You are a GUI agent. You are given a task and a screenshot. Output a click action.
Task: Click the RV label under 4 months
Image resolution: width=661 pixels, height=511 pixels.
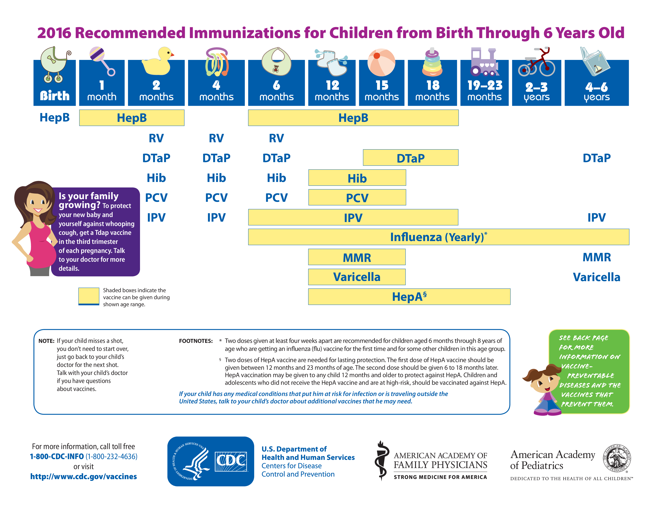click(216, 138)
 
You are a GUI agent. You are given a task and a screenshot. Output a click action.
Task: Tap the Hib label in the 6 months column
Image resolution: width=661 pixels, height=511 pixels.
click(276, 178)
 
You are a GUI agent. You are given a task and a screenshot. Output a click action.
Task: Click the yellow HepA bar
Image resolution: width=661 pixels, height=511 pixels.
click(409, 297)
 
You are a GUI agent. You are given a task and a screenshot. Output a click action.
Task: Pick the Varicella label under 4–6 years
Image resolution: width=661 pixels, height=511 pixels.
click(597, 277)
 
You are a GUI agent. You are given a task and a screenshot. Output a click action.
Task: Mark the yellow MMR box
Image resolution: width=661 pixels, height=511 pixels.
click(357, 257)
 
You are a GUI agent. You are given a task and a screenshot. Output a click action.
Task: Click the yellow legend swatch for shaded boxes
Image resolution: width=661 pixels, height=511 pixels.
click(89, 296)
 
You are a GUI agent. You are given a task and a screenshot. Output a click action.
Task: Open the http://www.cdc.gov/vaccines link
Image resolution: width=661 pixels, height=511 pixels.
click(84, 477)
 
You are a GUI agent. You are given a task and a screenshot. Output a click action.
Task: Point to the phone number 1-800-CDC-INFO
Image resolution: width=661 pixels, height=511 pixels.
click(57, 456)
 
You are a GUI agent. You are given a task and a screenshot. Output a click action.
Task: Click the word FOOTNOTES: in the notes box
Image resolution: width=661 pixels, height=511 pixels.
click(196, 341)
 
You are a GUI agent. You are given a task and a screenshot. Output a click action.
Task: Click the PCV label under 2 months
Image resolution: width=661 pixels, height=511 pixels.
click(156, 198)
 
